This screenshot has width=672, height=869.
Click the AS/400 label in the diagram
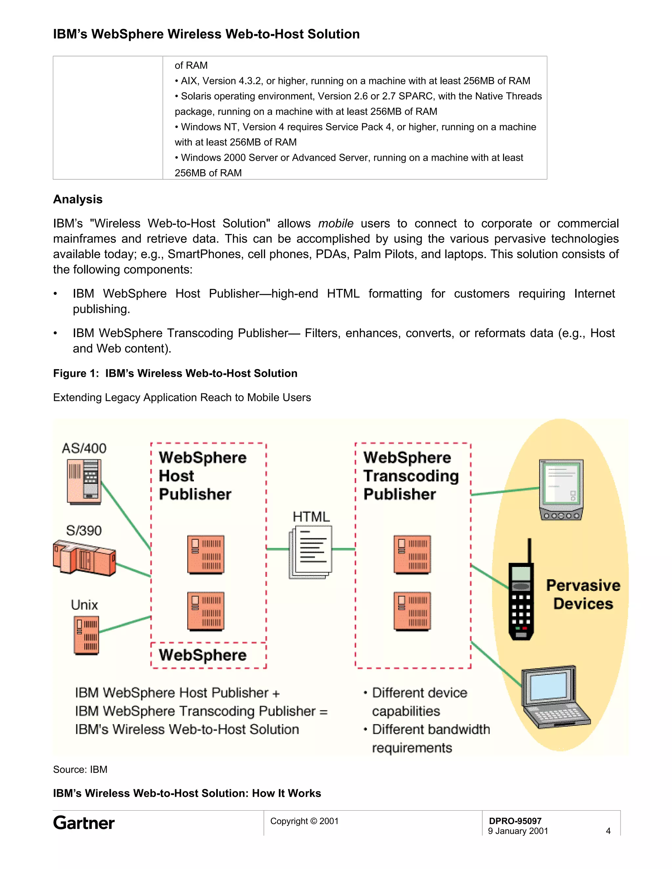(84, 448)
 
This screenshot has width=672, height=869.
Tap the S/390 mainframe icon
(84, 557)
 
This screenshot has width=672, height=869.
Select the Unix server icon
(86, 635)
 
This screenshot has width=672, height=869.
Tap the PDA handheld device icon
(561, 489)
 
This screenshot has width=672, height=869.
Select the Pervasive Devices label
(583, 595)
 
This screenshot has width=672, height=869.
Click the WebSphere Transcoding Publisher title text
(410, 476)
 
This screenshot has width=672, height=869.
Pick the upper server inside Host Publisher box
(206, 555)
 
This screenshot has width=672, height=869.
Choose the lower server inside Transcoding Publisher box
(412, 611)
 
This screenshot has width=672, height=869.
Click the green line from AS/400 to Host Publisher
(126, 516)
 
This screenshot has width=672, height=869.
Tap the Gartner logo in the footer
(84, 823)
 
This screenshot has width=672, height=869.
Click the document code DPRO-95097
(515, 821)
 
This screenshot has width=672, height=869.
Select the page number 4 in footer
(608, 831)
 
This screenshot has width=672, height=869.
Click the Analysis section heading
(78, 199)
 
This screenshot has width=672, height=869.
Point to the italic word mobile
(336, 224)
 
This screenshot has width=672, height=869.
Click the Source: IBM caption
(80, 770)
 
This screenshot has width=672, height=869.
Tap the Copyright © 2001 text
(304, 821)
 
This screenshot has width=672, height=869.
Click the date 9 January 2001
(518, 831)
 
